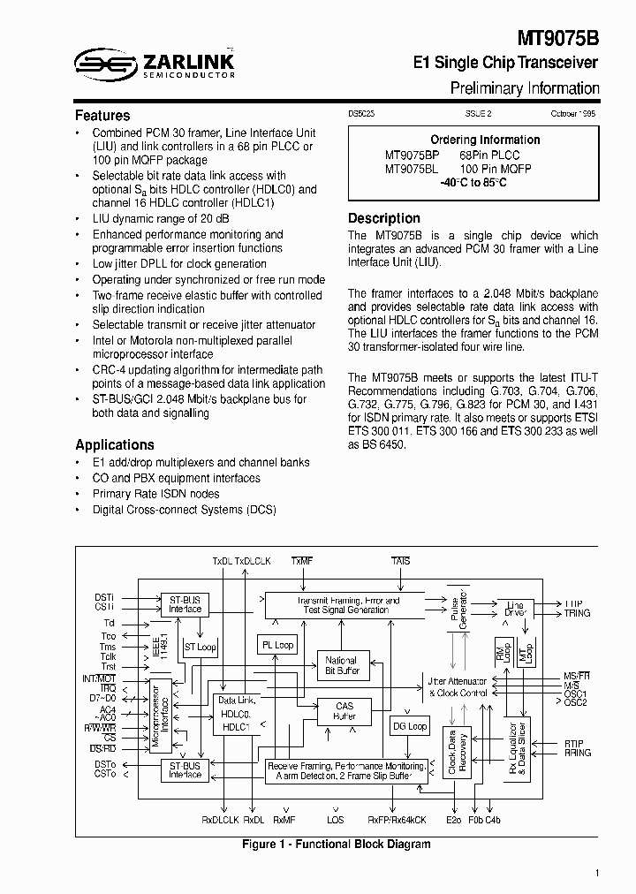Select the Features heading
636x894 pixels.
102,116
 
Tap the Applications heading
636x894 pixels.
115,445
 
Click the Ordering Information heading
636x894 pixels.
485,140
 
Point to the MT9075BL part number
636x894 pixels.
412,168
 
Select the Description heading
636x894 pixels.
384,218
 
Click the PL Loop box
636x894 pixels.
277,645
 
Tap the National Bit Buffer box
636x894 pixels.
341,666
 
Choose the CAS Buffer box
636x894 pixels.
344,711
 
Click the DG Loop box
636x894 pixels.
410,726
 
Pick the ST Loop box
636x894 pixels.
200,647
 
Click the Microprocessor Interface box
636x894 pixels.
156,716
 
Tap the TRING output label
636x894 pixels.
577,613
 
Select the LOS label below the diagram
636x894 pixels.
336,820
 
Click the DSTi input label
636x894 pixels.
104,596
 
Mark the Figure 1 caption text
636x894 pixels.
337,845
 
